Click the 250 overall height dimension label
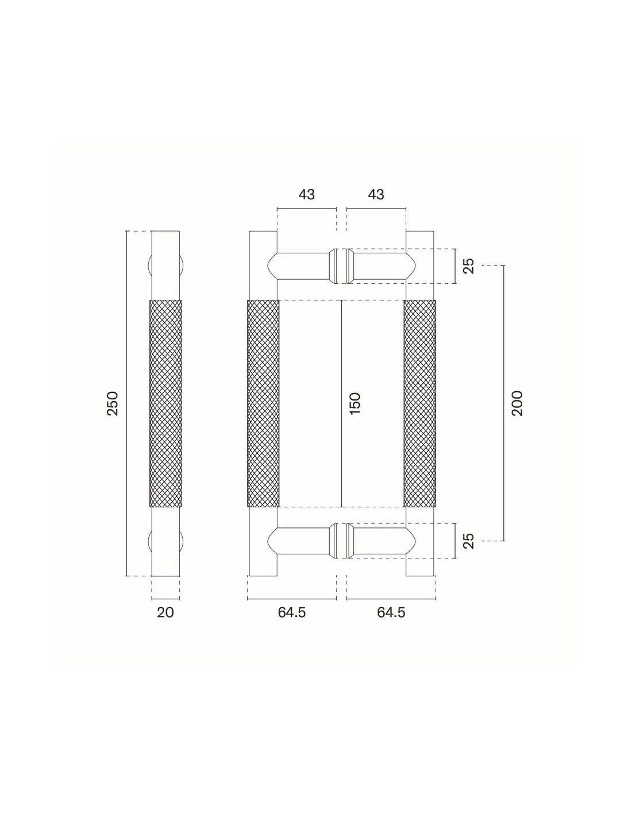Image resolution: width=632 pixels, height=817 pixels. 113,403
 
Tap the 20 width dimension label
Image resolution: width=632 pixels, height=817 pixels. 165,612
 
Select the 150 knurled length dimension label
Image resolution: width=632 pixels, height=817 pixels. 355,403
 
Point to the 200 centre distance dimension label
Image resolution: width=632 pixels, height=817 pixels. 517,403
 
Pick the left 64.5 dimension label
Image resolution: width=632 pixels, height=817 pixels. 292,612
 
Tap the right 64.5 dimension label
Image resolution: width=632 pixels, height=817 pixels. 391,612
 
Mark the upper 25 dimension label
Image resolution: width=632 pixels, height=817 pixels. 469,266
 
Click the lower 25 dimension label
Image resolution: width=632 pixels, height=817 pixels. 469,541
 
